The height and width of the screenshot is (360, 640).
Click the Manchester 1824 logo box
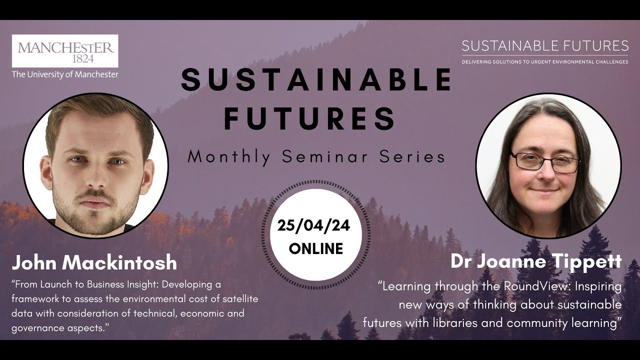(65, 51)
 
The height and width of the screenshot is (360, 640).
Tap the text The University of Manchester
(65, 74)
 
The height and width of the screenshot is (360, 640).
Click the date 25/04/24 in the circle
(313, 225)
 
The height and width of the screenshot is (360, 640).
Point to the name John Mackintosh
(94, 262)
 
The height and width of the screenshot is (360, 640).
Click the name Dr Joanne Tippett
(536, 261)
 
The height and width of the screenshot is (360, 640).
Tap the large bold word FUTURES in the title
(310, 118)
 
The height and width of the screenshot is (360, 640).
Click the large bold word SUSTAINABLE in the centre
(316, 80)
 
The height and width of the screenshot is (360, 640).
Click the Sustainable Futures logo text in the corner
(545, 46)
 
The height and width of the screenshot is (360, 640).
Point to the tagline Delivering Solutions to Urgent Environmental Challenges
(545, 62)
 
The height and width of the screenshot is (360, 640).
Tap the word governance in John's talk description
(35, 328)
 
